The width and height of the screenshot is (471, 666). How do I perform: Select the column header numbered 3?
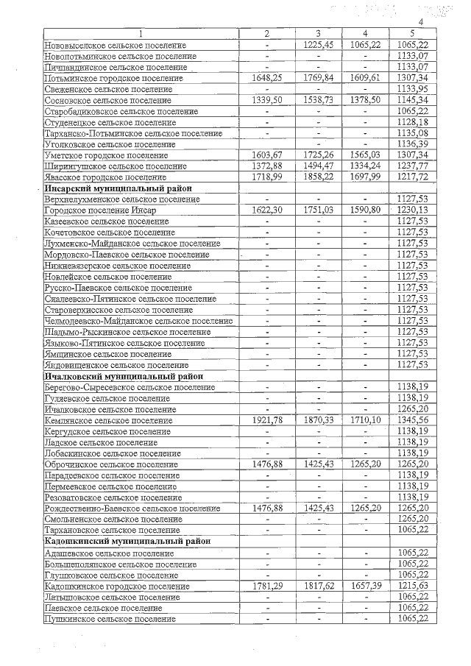tap(317, 34)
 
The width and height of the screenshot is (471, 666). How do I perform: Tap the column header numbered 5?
tap(412, 34)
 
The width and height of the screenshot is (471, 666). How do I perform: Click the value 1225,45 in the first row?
tap(317, 45)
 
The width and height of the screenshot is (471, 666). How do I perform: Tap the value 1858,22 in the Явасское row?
tap(317, 178)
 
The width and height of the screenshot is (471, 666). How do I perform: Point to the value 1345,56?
tap(412, 420)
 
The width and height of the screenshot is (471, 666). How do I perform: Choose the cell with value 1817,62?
tap(317, 587)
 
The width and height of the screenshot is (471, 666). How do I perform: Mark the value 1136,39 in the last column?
tap(412, 145)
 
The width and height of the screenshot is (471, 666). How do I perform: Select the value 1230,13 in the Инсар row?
tap(412, 211)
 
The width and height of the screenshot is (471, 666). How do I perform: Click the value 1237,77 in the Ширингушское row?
tap(412, 167)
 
